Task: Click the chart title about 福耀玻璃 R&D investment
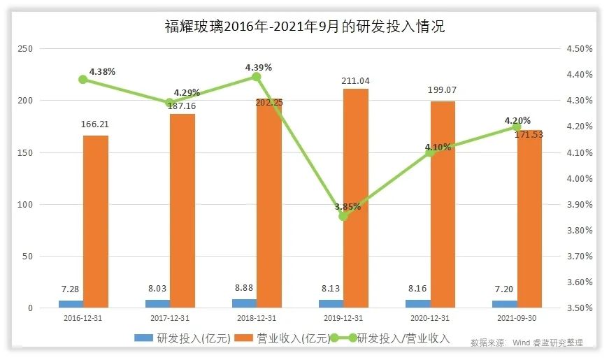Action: click(304, 27)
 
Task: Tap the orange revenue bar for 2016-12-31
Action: click(96, 221)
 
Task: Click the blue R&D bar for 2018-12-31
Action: click(244, 303)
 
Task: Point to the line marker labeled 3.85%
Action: click(343, 216)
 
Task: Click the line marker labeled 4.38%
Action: click(83, 79)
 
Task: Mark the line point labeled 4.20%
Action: click(517, 127)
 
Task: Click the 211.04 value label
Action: click(355, 81)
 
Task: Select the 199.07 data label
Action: click(443, 90)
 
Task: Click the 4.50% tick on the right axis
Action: click(579, 49)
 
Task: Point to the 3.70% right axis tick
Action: click(579, 257)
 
